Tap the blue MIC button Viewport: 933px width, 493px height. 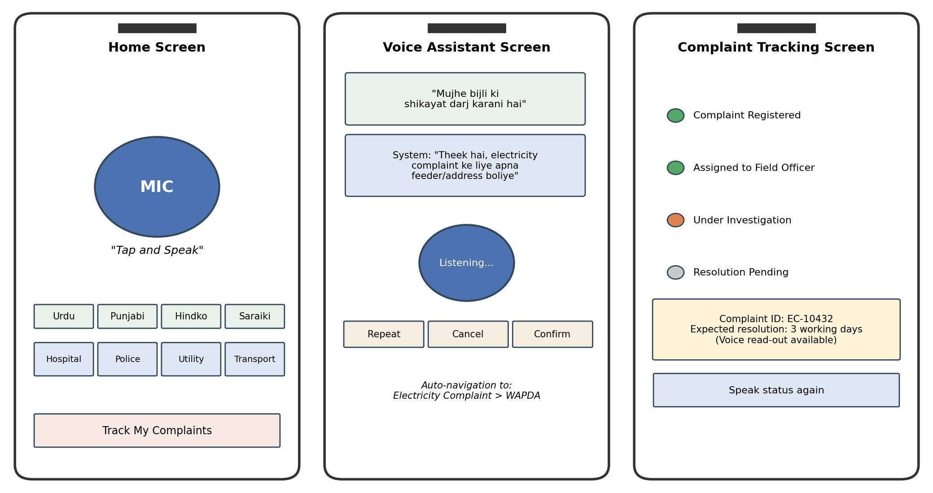157,187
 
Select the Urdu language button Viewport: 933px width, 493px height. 64,316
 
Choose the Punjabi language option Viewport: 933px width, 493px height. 127,316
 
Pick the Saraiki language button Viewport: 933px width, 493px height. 255,316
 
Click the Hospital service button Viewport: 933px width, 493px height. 64,359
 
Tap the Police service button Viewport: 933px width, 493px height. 127,359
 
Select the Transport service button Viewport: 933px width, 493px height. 255,359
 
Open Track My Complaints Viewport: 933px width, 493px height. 157,431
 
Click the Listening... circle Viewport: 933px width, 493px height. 467,263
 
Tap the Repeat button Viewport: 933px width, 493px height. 384,334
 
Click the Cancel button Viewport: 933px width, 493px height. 468,334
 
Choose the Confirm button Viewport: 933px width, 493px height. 552,334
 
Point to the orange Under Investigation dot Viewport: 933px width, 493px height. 675,220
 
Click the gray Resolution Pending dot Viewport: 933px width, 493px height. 675,272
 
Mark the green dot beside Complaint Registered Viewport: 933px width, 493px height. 675,115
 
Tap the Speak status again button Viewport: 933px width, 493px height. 776,390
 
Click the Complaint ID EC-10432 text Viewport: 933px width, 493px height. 776,319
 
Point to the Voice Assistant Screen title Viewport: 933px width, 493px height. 467,48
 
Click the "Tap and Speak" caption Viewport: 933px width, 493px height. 157,250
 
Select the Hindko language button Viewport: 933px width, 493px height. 191,316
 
